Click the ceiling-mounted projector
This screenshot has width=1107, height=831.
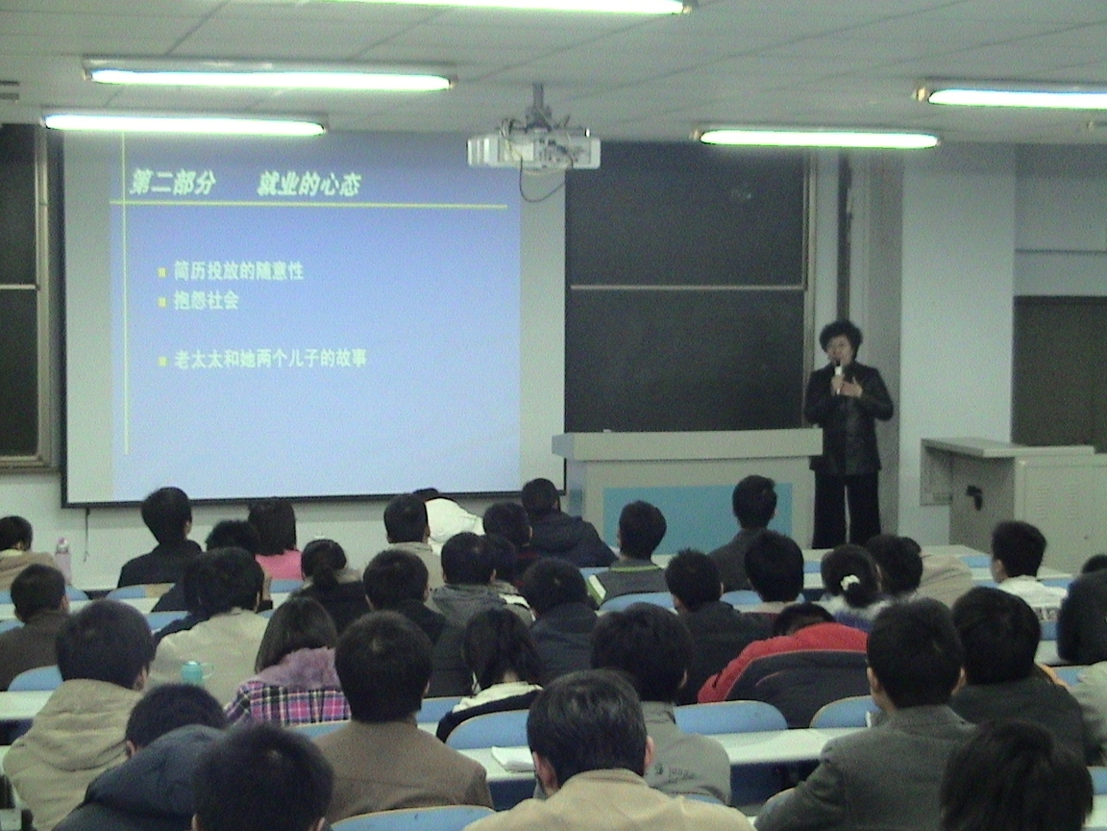pyautogui.click(x=533, y=148)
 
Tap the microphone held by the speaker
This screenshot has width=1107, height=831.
pyautogui.click(x=838, y=374)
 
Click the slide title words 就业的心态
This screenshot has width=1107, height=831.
pyautogui.click(x=308, y=184)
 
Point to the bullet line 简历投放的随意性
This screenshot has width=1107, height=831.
pyautogui.click(x=238, y=270)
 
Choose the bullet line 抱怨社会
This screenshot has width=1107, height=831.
pyautogui.click(x=207, y=300)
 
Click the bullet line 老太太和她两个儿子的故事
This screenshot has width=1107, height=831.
pyautogui.click(x=270, y=359)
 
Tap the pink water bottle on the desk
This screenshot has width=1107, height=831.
pyautogui.click(x=62, y=559)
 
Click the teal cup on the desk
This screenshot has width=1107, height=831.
pyautogui.click(x=193, y=672)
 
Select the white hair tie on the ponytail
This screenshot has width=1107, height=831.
pyautogui.click(x=849, y=582)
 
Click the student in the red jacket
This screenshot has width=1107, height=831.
pyautogui.click(x=786, y=661)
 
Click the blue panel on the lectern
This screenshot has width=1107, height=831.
pyautogui.click(x=696, y=516)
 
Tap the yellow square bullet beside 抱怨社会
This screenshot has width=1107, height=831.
pyautogui.click(x=161, y=302)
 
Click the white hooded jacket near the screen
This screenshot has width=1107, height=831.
pyautogui.click(x=452, y=520)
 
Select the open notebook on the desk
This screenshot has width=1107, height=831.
pyautogui.click(x=513, y=758)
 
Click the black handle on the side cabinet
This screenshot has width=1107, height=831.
pyautogui.click(x=975, y=496)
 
